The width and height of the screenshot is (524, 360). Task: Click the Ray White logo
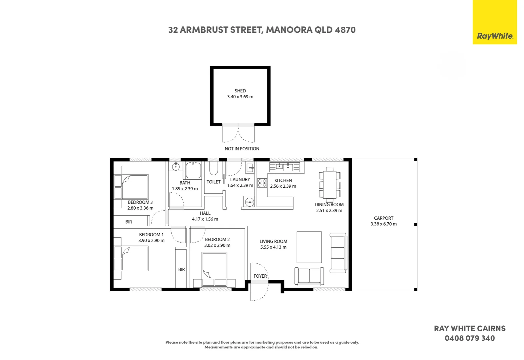click(495, 22)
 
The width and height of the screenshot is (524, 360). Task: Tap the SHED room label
click(240, 91)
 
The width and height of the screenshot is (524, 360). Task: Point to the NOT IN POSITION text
click(242, 149)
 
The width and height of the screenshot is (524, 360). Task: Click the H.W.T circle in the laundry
click(250, 202)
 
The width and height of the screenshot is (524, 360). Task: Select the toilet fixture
click(214, 168)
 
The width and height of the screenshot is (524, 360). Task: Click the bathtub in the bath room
click(194, 170)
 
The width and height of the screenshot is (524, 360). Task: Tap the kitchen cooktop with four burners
click(262, 183)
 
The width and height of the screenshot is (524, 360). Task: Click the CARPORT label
click(384, 218)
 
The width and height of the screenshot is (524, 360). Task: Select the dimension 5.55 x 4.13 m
click(273, 247)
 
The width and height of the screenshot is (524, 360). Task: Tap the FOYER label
click(260, 276)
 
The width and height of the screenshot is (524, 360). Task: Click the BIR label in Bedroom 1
click(182, 269)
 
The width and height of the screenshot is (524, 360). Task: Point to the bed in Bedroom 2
click(214, 269)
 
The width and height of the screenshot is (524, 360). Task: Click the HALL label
click(205, 213)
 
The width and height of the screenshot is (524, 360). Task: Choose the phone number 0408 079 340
click(470, 338)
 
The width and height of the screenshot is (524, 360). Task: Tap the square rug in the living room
click(309, 247)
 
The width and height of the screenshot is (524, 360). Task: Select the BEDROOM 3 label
click(140, 202)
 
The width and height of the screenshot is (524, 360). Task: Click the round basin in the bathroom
click(176, 167)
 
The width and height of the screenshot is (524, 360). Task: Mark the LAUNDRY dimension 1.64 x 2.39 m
click(240, 185)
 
